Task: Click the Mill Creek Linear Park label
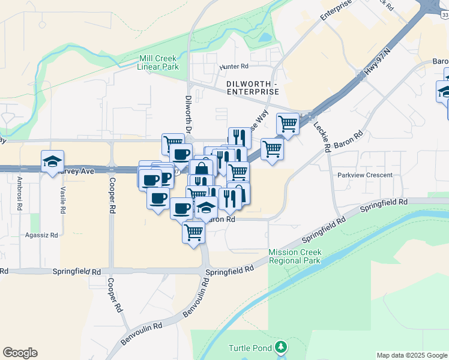click(158, 62)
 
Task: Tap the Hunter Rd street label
click(234, 66)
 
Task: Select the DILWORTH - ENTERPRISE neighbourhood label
click(253, 87)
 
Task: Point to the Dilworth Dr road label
click(188, 114)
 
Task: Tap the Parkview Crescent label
click(365, 175)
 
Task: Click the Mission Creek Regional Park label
click(295, 256)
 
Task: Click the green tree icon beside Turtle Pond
click(280, 347)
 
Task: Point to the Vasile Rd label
click(62, 200)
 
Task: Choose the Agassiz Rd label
click(41, 236)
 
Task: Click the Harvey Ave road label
click(76, 171)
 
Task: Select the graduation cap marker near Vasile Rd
click(53, 161)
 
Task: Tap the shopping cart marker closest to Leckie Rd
click(288, 124)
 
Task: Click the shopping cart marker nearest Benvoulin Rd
click(193, 232)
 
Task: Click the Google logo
click(20, 353)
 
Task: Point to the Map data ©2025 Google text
click(412, 355)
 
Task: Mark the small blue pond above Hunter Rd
click(265, 38)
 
